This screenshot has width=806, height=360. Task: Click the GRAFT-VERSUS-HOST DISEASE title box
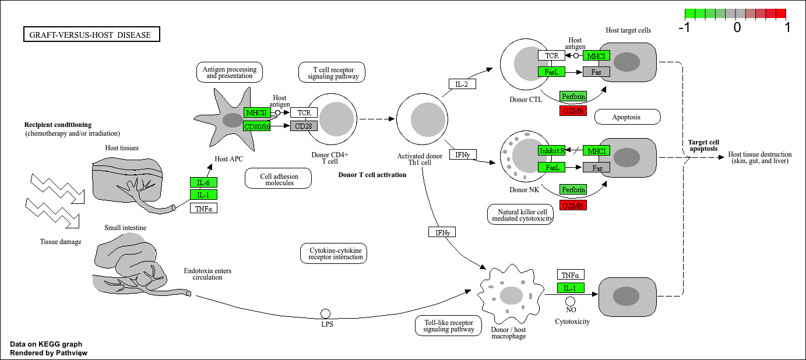pyautogui.click(x=91, y=35)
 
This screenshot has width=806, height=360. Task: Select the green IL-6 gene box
pyautogui.click(x=203, y=182)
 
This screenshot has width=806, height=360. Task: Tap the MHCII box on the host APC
pyautogui.click(x=257, y=112)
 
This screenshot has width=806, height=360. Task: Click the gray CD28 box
pyautogui.click(x=304, y=126)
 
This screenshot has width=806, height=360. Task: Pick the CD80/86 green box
pyautogui.click(x=257, y=126)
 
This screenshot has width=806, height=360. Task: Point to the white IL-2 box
pyautogui.click(x=462, y=84)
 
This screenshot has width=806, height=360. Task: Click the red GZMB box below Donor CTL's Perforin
pyautogui.click(x=572, y=111)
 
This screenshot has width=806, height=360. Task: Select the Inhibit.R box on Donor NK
pyautogui.click(x=551, y=151)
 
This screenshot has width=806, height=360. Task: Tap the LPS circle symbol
pyautogui.click(x=326, y=314)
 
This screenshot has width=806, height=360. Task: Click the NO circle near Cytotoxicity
pyautogui.click(x=571, y=301)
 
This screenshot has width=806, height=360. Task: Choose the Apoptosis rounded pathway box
pyautogui.click(x=627, y=117)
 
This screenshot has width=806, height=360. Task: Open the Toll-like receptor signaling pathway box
pyautogui.click(x=449, y=326)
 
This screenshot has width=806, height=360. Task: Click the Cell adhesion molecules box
pyautogui.click(x=279, y=178)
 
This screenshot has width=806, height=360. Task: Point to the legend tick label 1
pyautogui.click(x=787, y=27)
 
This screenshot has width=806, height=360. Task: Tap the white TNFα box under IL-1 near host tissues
pyautogui.click(x=203, y=208)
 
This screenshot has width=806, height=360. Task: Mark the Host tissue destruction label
pyautogui.click(x=760, y=157)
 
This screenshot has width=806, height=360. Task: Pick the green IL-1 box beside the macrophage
pyautogui.click(x=571, y=288)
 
